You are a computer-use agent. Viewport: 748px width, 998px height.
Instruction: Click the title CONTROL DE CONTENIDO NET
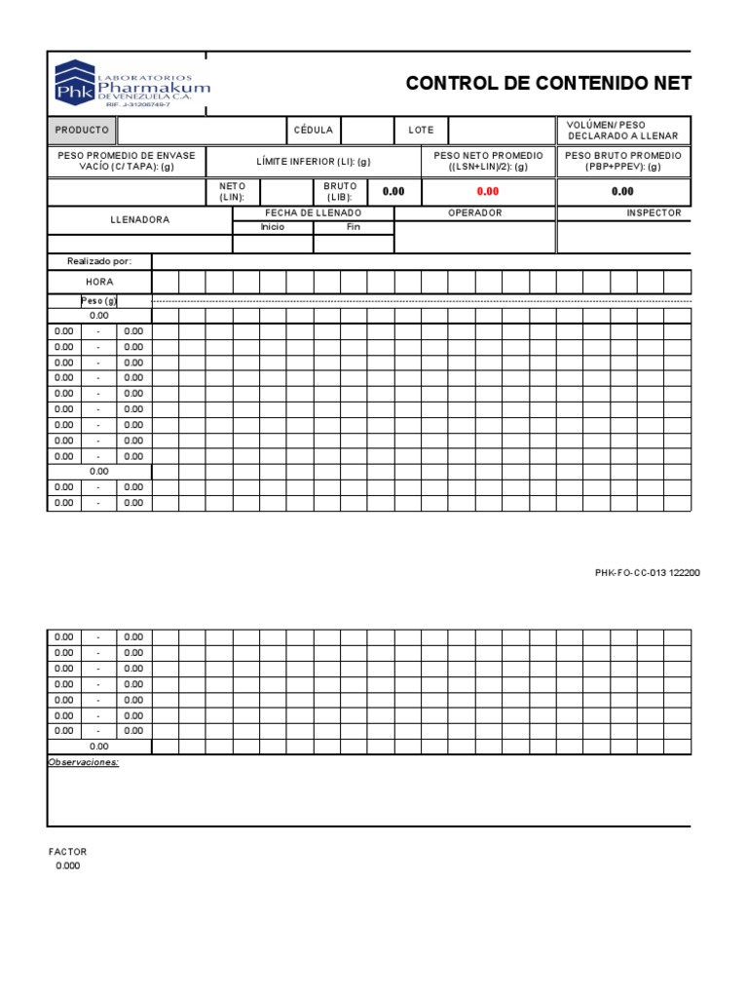548,84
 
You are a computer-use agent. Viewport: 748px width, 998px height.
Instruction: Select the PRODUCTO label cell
82,131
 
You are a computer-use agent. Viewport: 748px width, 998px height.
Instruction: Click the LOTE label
421,131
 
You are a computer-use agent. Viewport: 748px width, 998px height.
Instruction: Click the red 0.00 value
487,192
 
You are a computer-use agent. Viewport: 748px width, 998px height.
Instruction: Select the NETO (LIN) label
233,192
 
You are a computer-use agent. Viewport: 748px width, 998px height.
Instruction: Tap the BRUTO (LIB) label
340,192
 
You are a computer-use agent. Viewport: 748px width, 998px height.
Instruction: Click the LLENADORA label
139,220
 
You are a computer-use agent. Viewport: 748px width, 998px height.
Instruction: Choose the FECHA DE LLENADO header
313,212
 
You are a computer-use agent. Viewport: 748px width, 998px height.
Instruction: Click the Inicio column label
273,227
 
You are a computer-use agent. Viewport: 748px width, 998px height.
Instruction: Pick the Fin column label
354,227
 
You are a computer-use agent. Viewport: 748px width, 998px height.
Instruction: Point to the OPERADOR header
474,212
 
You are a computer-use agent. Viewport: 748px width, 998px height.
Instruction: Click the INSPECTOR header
654,212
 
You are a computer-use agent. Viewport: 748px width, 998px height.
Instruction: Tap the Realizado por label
98,261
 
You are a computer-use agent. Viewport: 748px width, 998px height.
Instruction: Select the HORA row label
99,282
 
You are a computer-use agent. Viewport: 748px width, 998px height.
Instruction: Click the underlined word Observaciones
83,762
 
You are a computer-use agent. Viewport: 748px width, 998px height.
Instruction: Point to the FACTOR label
67,852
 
